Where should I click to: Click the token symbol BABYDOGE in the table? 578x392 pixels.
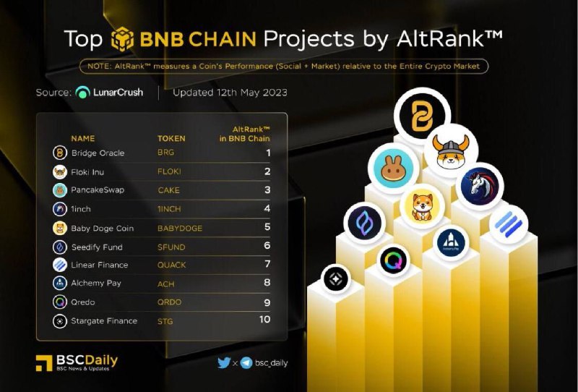coord(180,228)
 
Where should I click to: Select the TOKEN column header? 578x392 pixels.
coord(171,138)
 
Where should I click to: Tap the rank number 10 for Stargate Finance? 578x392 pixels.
coord(264,319)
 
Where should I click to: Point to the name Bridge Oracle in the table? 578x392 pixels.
coord(98,153)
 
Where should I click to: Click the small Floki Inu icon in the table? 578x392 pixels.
coord(60,172)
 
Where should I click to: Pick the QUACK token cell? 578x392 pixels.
coord(172,265)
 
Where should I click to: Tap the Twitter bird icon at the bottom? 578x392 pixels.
coord(224,363)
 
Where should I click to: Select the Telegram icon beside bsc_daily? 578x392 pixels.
coord(246,363)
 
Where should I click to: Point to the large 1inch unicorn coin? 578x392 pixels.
coord(479,186)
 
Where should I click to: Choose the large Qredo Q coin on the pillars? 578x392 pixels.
coord(394,261)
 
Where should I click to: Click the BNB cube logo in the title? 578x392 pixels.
coord(122,39)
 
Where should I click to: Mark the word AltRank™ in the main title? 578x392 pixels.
coord(449,38)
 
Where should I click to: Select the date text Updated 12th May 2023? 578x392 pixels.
coord(230,93)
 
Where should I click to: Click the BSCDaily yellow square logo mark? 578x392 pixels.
coord(44,363)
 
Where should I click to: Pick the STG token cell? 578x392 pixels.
coord(165,321)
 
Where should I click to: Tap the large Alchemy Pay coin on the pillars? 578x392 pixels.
coord(451,243)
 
